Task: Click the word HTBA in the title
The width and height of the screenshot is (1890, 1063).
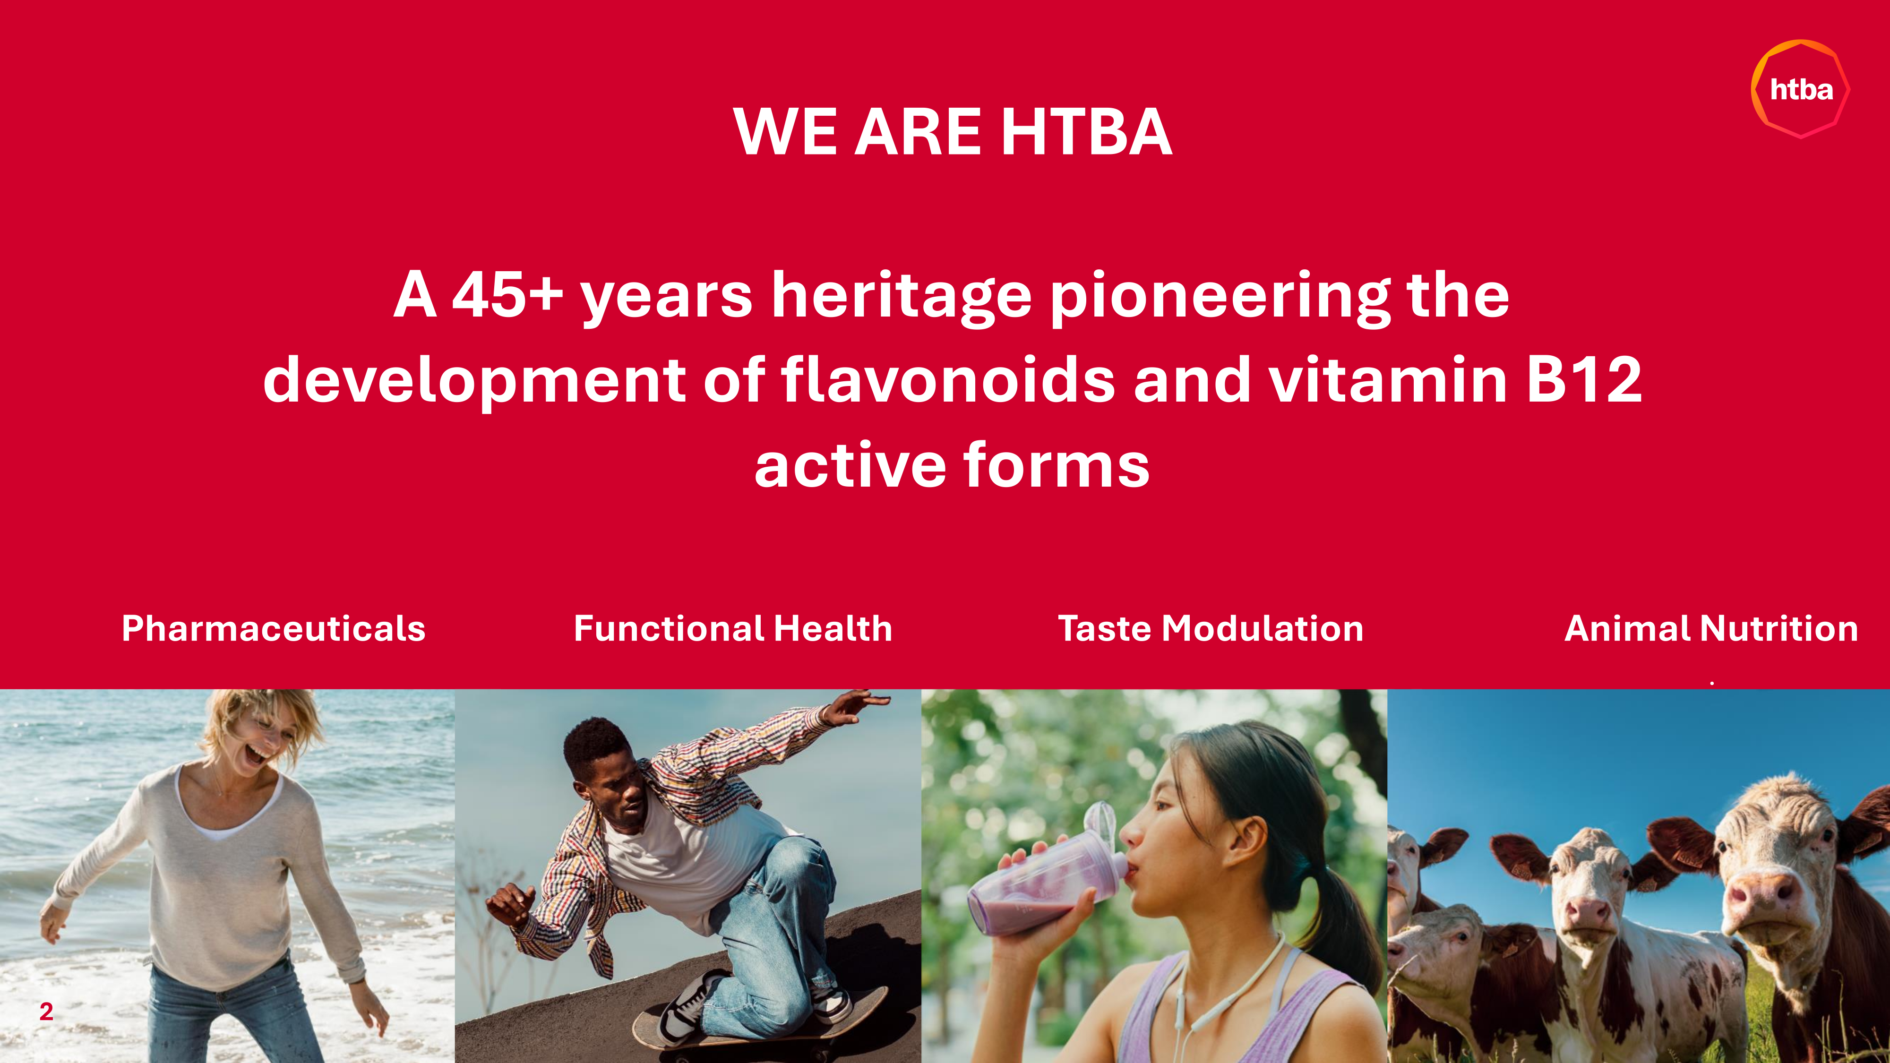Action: pos(1087,132)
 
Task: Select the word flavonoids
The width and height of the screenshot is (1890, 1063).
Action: pos(948,379)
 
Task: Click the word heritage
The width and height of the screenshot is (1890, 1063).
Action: pos(902,298)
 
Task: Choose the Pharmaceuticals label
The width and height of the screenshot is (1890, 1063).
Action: pos(274,629)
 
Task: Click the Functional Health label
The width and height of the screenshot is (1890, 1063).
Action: pos(733,629)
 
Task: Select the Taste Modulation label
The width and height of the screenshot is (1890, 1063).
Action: pos(1211,629)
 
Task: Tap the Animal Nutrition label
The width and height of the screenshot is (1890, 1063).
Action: pos(1711,629)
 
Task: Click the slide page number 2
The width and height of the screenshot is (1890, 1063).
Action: pos(46,1012)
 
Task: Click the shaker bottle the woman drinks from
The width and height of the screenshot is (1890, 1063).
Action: pos(1046,877)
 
